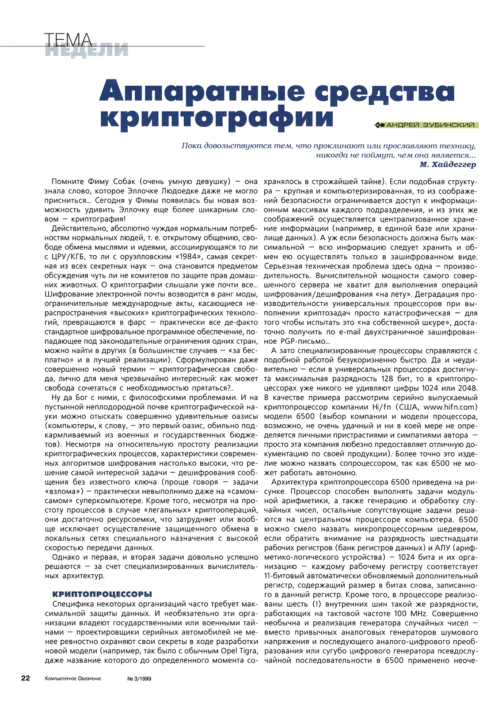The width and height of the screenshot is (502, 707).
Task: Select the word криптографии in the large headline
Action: (217, 117)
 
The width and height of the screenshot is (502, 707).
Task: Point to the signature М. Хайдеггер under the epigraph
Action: (448, 164)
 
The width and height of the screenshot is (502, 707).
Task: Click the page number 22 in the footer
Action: (26, 678)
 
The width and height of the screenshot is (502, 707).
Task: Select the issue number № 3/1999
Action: (139, 679)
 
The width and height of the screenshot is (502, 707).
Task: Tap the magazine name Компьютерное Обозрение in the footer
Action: (73, 679)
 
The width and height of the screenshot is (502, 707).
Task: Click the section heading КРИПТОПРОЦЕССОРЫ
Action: (102, 594)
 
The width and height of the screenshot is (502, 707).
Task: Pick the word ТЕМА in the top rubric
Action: (68, 40)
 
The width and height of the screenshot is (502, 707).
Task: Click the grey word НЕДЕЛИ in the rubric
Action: (86, 50)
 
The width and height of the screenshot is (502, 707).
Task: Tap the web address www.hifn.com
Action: (449, 407)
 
